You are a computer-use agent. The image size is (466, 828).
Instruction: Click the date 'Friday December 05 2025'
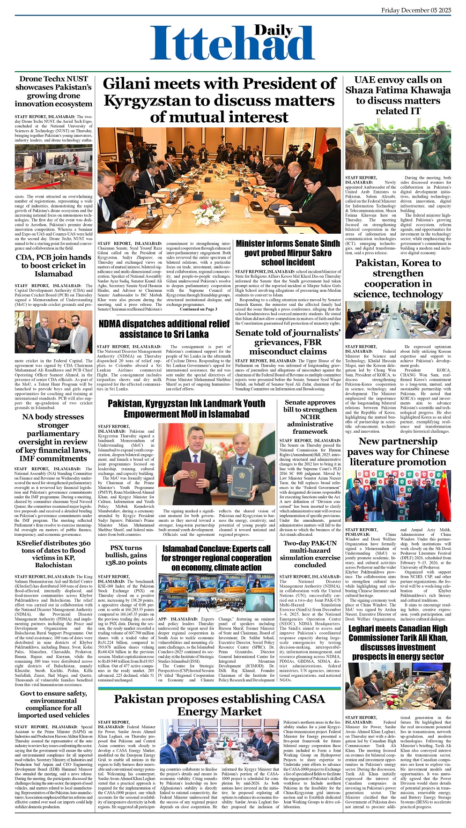click(x=416, y=10)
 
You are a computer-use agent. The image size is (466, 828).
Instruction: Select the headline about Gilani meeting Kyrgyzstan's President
click(x=219, y=100)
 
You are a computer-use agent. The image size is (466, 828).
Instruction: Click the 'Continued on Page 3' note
click(x=198, y=309)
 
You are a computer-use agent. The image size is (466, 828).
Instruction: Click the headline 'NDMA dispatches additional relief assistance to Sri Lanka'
click(x=164, y=329)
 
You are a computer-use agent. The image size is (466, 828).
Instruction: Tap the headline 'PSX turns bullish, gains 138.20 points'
click(x=126, y=555)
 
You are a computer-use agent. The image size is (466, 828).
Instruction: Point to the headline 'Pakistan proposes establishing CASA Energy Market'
click(x=219, y=705)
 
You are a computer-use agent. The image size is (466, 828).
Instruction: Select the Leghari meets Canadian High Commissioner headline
click(x=398, y=643)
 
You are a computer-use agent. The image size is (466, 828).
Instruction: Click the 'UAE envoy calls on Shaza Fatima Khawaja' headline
click(x=398, y=96)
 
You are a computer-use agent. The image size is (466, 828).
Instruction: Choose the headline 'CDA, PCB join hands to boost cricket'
click(x=53, y=266)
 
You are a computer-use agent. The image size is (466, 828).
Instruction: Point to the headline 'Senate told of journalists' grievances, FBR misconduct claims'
click(x=288, y=342)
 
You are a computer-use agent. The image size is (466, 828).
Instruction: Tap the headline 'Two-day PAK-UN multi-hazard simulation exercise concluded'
click(x=310, y=554)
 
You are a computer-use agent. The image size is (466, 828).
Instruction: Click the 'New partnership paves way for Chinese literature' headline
click(x=398, y=451)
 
